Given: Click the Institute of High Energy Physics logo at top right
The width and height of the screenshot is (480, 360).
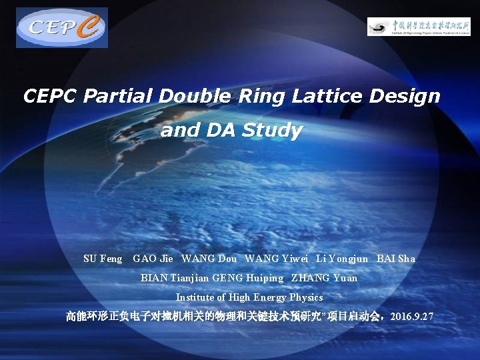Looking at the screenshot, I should (419, 26).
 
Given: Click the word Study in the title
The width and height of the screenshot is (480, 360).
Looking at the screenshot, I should (272, 131).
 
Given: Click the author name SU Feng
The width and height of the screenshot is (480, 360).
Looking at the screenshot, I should (103, 259).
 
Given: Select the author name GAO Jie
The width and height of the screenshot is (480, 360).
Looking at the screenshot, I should (153, 259).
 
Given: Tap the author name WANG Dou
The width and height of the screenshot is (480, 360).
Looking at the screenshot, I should (209, 259).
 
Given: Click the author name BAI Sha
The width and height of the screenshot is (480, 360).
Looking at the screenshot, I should (396, 259).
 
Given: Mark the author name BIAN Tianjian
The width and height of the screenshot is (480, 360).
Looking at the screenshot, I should (175, 278).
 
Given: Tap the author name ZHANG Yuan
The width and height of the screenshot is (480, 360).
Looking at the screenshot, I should (324, 278).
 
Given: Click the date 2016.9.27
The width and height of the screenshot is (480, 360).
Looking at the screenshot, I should (413, 316).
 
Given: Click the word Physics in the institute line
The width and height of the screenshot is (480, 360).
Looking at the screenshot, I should (306, 297).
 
